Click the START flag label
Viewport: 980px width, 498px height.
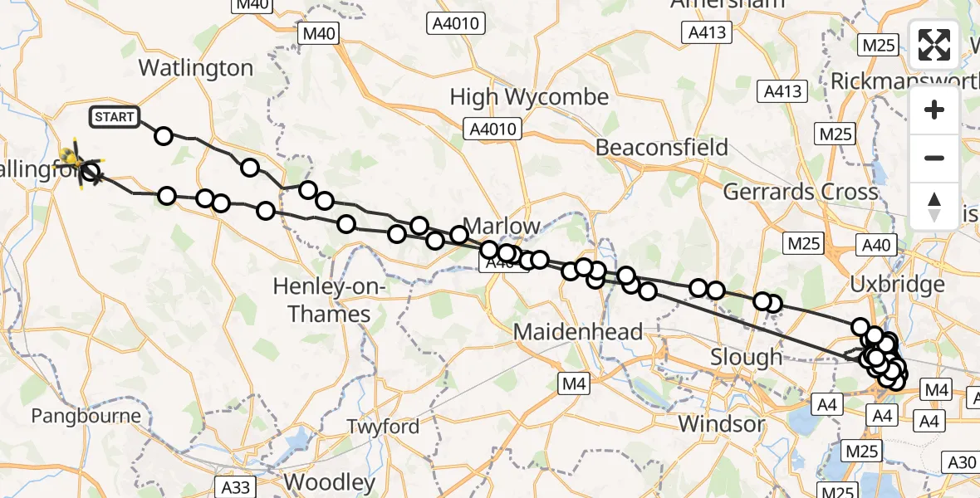pyautogui.click(x=115, y=117)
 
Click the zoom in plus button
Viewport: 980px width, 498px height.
pyautogui.click(x=934, y=110)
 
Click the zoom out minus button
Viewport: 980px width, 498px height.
pyautogui.click(x=934, y=158)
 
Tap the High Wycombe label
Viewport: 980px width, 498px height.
pyautogui.click(x=529, y=97)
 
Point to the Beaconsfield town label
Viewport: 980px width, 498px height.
pyautogui.click(x=662, y=148)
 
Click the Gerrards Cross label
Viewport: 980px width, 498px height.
pyautogui.click(x=800, y=193)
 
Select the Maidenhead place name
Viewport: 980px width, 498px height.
pyautogui.click(x=578, y=333)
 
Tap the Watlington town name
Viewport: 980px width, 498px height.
pyautogui.click(x=196, y=68)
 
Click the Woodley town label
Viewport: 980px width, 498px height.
pyautogui.click(x=330, y=482)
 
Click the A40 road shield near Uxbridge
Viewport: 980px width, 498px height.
pyautogui.click(x=876, y=245)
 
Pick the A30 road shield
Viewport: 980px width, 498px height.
pyautogui.click(x=962, y=462)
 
